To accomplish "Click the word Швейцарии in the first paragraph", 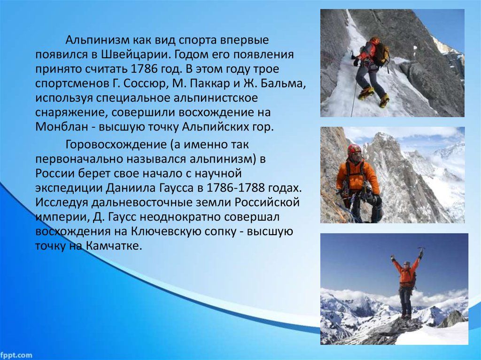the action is [135, 54].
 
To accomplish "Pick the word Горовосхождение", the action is [116, 145].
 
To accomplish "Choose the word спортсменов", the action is [70, 84].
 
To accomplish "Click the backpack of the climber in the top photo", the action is [382, 54].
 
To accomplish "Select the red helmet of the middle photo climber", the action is [354, 149].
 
